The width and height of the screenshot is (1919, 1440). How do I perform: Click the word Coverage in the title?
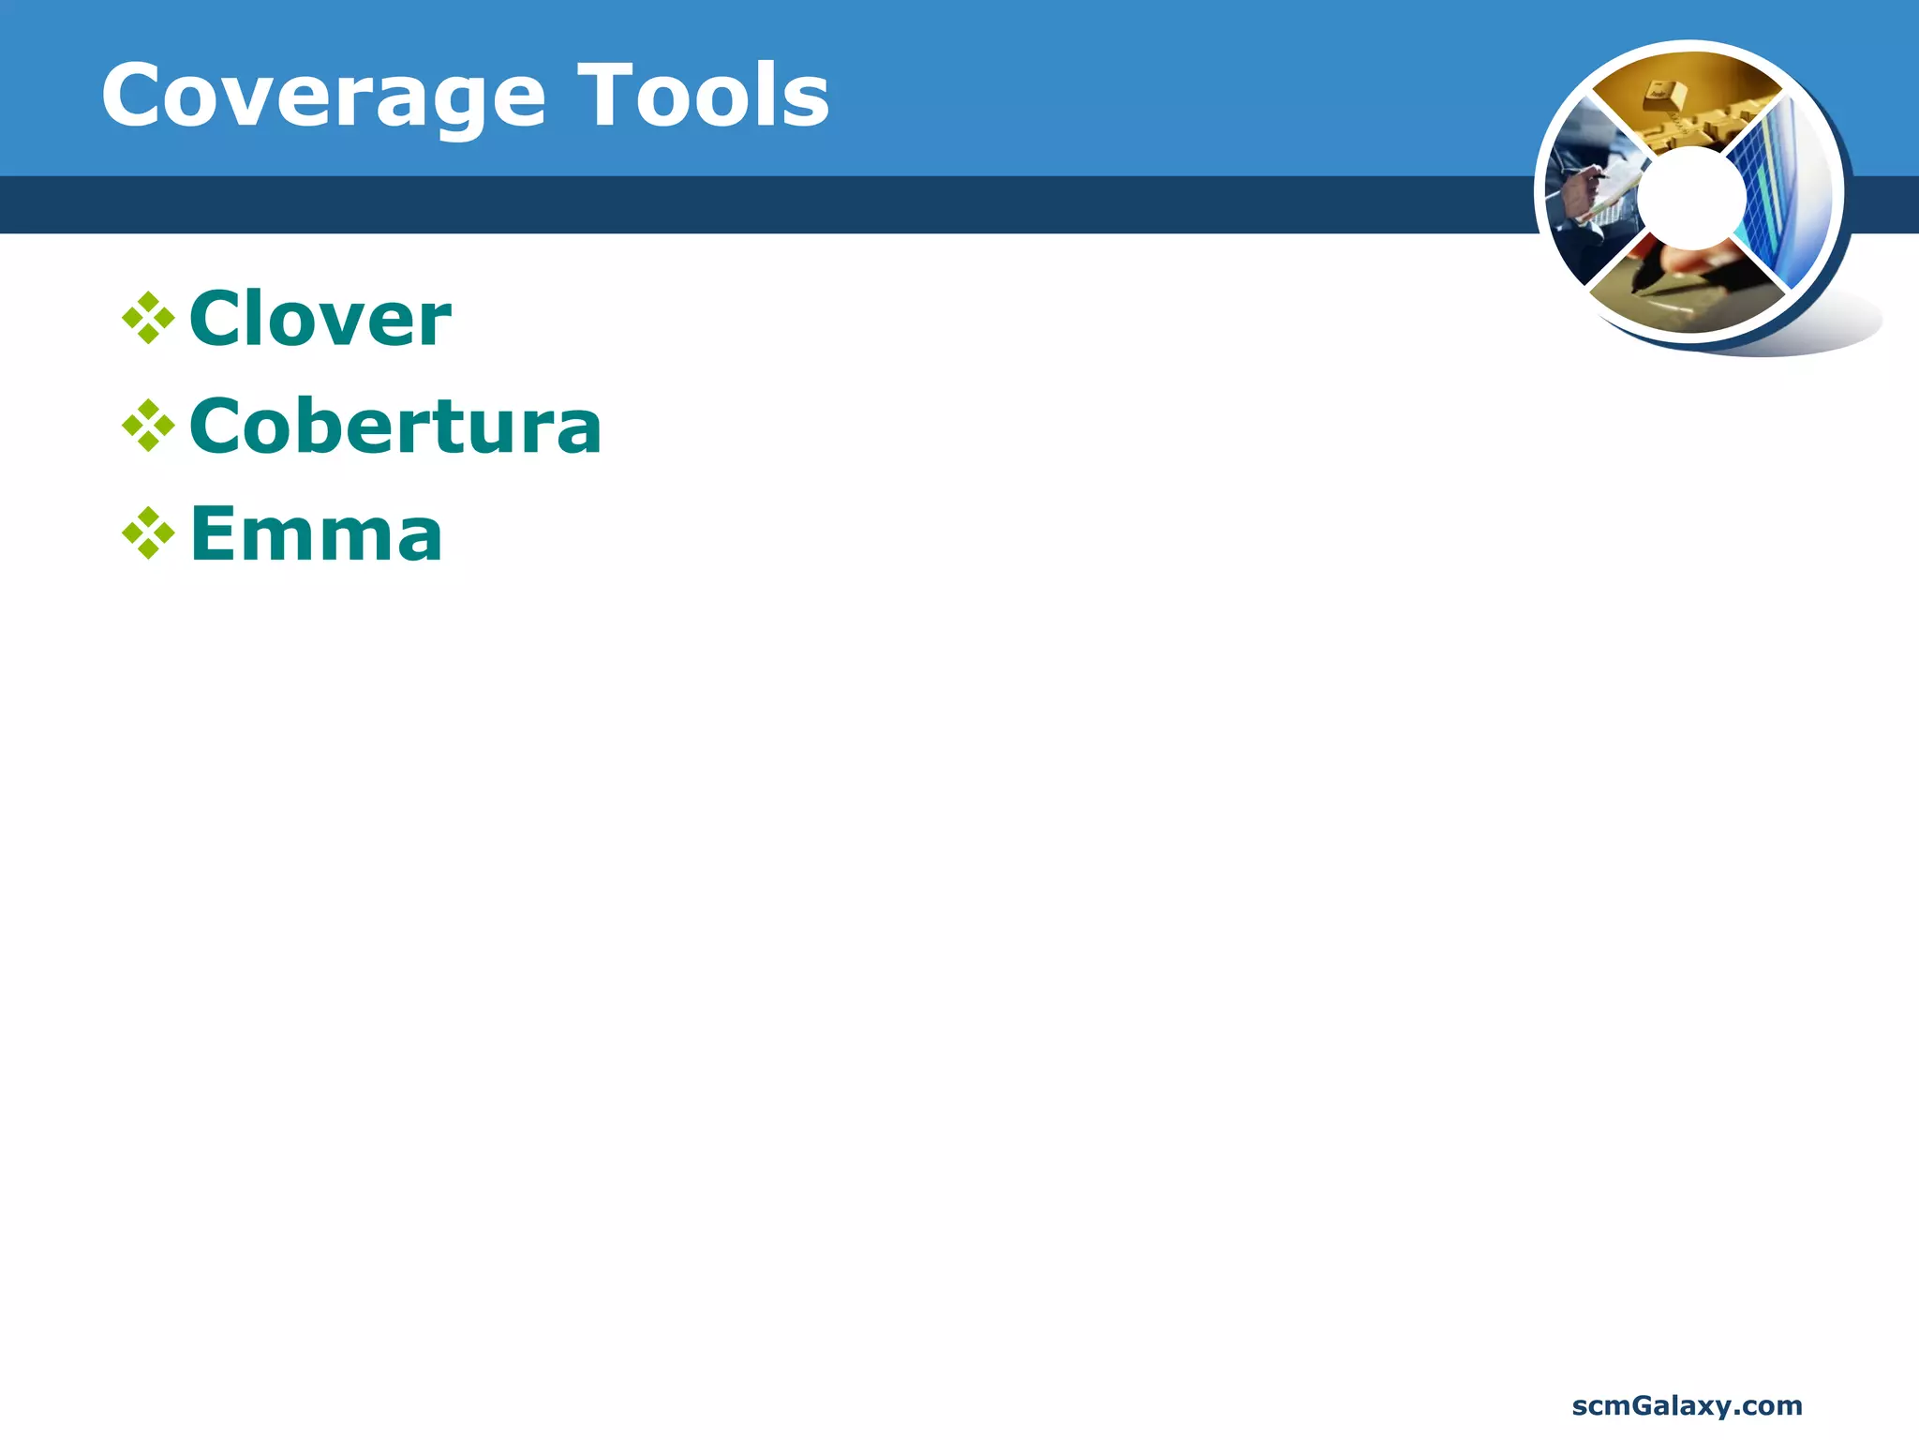[x=323, y=97]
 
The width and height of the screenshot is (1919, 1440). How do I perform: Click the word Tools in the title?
[x=703, y=97]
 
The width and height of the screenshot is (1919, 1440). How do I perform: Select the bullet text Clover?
[x=320, y=320]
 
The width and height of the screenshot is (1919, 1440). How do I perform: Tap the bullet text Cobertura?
[x=394, y=427]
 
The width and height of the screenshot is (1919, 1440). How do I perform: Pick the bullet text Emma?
[x=316, y=534]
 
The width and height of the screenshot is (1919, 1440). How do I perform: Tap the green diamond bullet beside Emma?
[x=148, y=534]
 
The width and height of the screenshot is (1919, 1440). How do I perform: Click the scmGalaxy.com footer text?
[x=1687, y=1405]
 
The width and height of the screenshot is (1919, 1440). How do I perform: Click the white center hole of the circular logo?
[x=1692, y=198]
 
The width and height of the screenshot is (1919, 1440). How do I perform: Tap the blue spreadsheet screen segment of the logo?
[x=1780, y=197]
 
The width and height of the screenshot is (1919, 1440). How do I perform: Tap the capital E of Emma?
[x=212, y=534]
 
